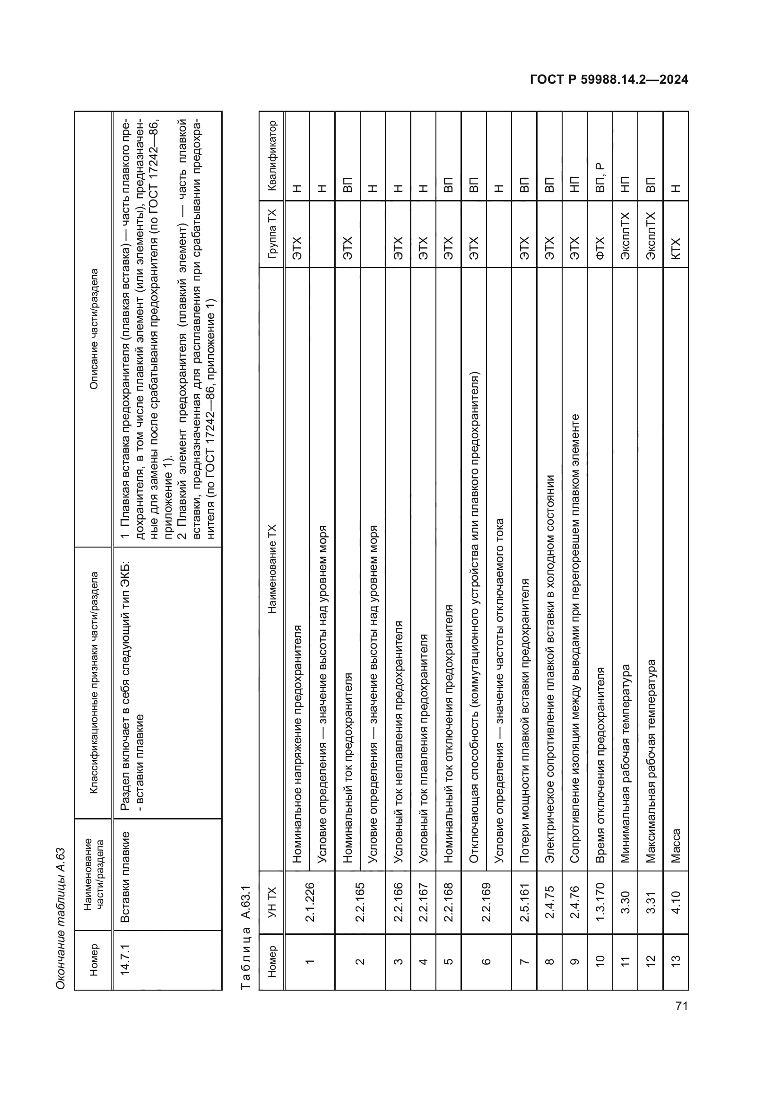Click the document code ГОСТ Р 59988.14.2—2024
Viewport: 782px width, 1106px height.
coord(608,79)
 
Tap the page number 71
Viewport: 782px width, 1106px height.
coord(681,1006)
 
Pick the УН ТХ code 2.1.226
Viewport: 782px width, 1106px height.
coord(310,902)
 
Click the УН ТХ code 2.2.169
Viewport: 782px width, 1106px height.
coord(473,902)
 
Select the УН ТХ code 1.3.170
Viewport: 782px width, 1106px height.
coord(600,902)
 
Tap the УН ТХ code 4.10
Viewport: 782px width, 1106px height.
coord(675,902)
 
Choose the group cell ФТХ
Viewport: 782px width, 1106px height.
coord(600,248)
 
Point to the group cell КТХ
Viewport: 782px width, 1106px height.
coord(675,248)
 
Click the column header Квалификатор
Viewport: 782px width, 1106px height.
coord(271,156)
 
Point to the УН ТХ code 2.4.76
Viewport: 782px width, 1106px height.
coord(574,902)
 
